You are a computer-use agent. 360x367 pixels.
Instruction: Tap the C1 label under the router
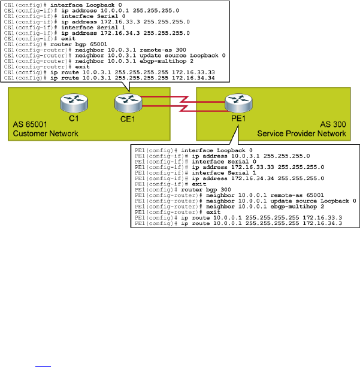point(74,119)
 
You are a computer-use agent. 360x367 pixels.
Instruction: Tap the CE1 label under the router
point(126,119)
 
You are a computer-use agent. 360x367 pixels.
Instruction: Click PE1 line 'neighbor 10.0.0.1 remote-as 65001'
point(231,194)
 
